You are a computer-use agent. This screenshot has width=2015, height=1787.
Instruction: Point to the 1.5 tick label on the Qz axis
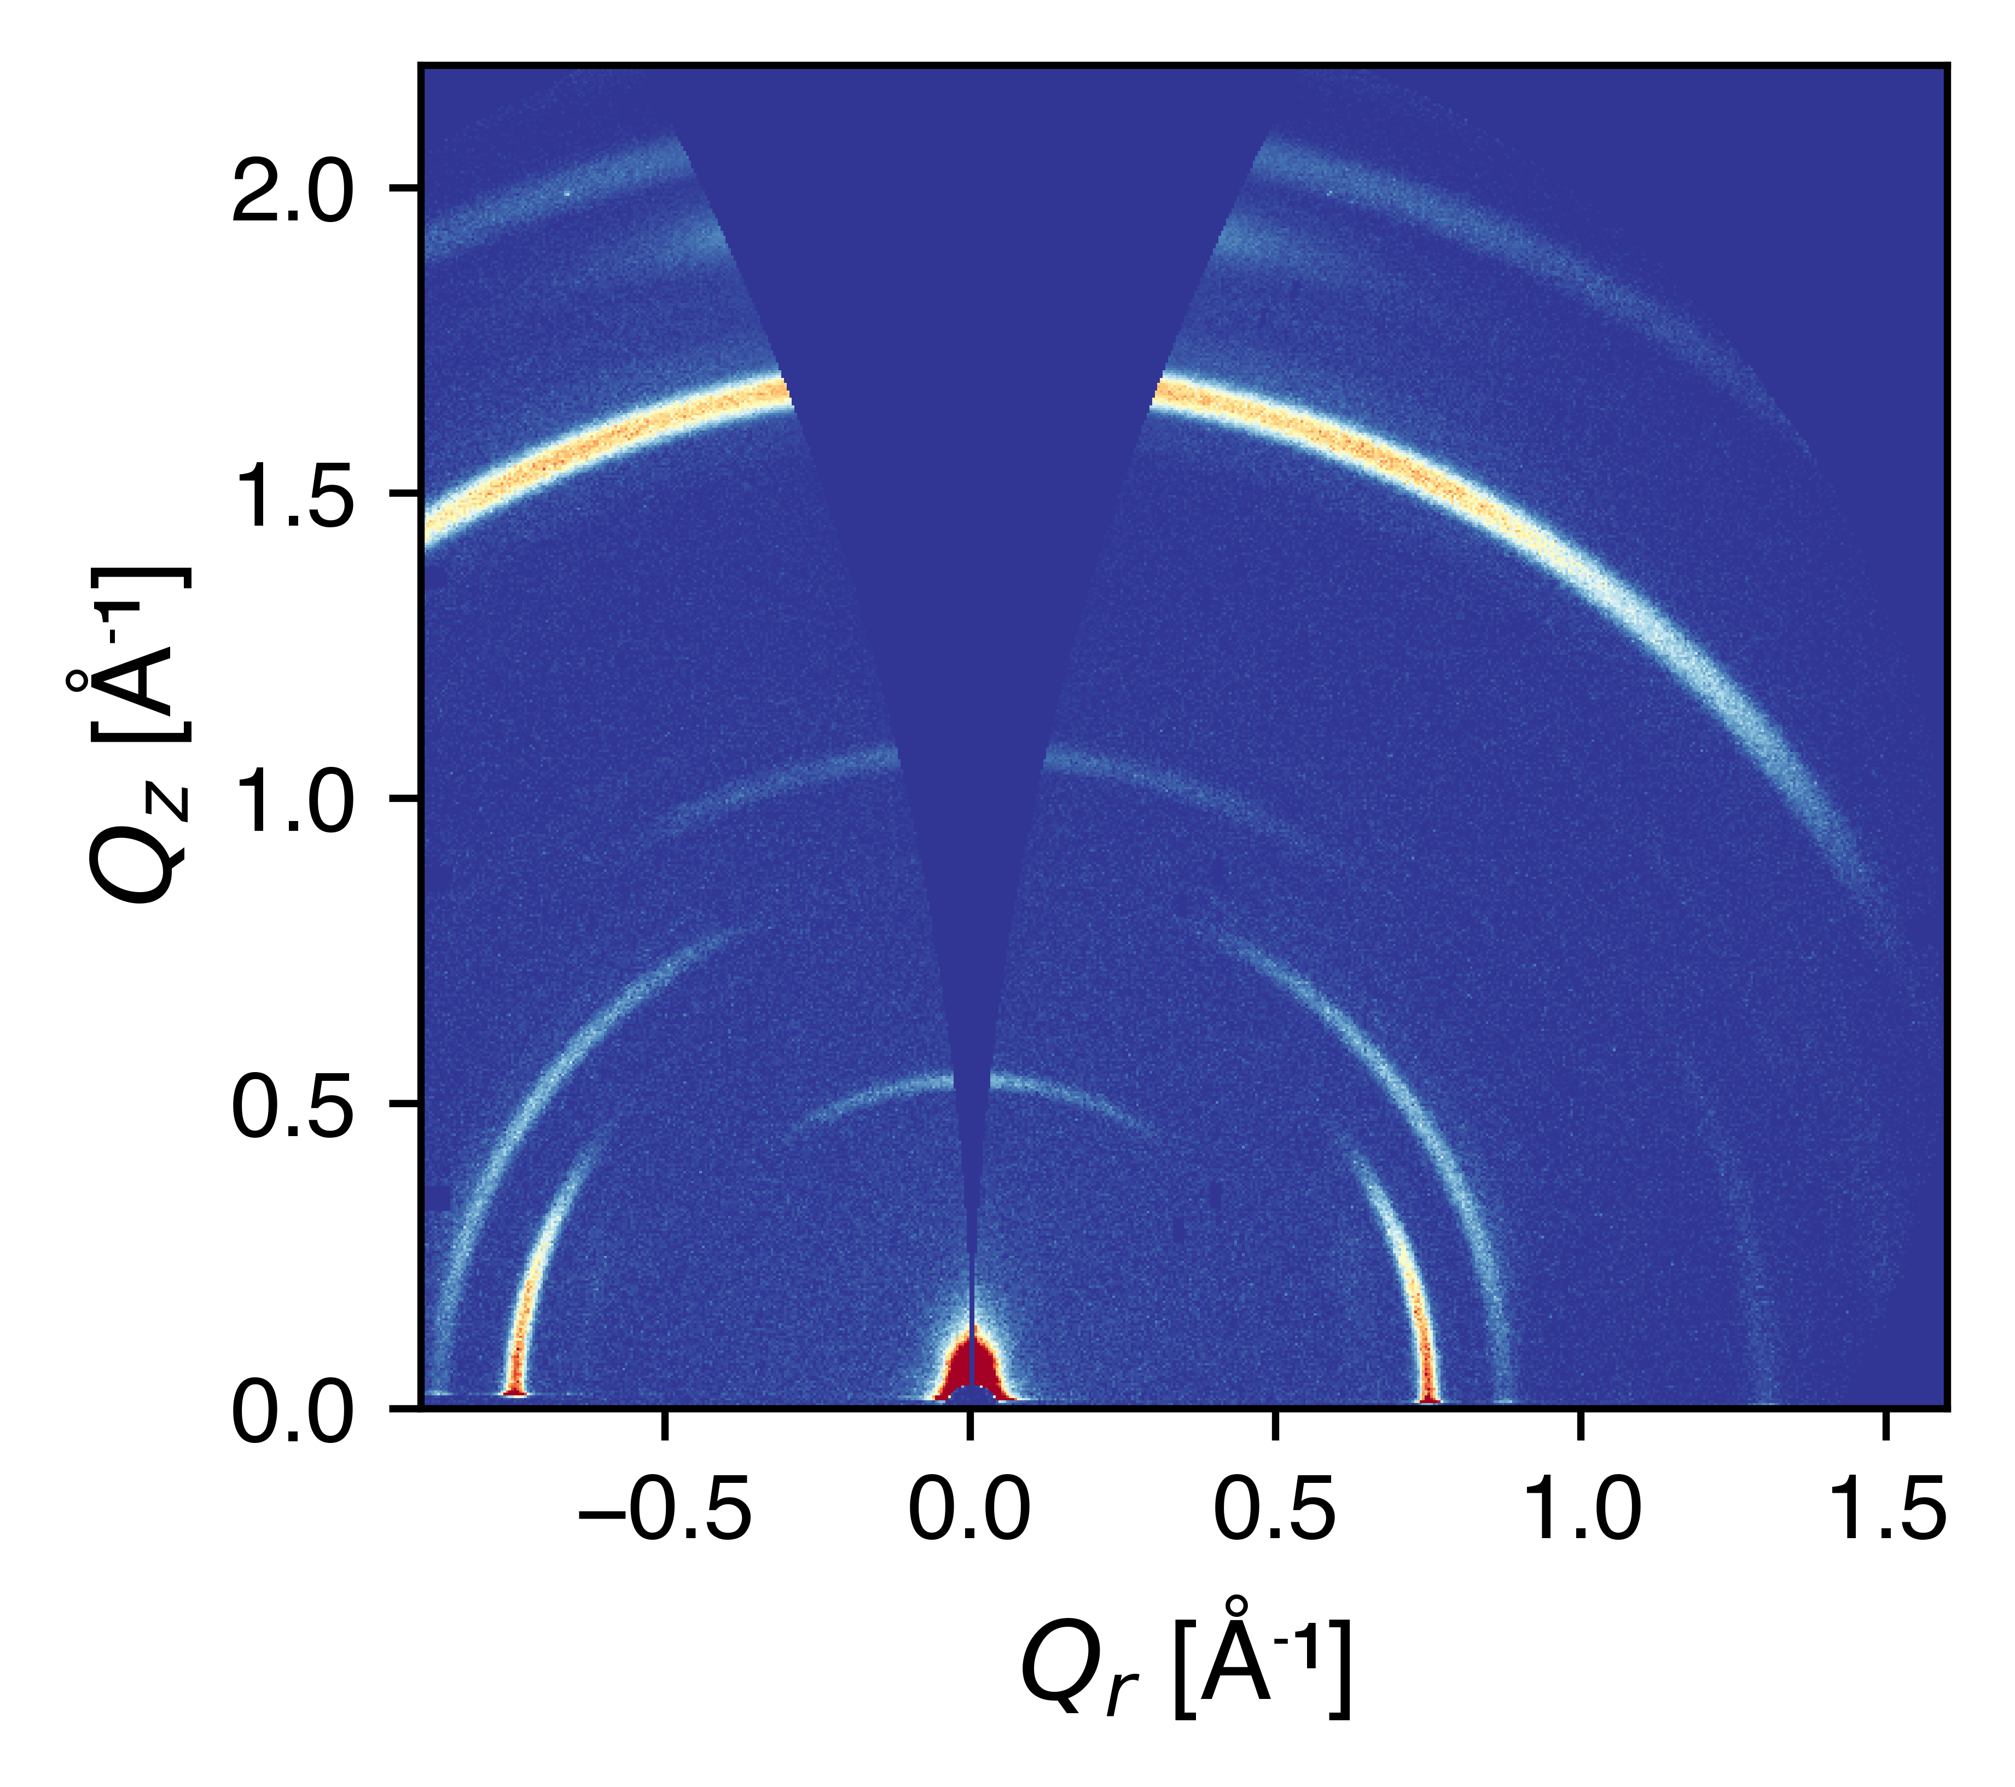[292, 494]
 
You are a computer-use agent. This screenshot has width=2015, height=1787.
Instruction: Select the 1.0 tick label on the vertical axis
[292, 799]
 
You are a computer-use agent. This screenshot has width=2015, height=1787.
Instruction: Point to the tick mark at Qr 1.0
[1580, 1424]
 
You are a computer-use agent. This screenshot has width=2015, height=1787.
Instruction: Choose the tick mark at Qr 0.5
[1275, 1424]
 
